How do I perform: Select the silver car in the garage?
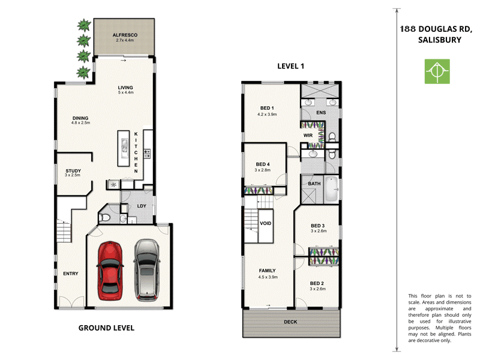146,270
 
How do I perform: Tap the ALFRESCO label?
125,35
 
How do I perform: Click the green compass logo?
436,71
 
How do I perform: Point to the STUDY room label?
73,171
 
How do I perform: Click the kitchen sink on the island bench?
124,146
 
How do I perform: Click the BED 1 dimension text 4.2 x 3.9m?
267,114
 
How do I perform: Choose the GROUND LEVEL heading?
106,328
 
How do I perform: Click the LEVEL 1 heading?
290,66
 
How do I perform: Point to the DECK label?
290,322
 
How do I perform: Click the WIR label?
308,136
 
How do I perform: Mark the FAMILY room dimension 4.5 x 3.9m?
267,277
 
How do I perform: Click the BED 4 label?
263,164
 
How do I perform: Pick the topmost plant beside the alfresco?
83,25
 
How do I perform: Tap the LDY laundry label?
142,206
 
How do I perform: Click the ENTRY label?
71,274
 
